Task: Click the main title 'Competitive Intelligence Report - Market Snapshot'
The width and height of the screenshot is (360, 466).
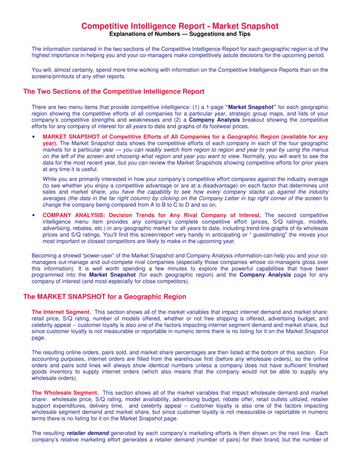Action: coord(180,26)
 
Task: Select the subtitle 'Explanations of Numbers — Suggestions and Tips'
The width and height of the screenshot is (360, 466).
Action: coord(180,34)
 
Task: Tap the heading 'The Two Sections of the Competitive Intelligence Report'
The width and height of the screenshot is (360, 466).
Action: coord(113,91)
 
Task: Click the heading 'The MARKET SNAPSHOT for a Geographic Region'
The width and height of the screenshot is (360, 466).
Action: coord(105,297)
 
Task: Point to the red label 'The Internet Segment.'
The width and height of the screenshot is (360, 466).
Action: coord(61,312)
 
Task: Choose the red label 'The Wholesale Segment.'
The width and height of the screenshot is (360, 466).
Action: coord(65,392)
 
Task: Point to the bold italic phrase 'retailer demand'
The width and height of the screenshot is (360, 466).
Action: coord(87,433)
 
